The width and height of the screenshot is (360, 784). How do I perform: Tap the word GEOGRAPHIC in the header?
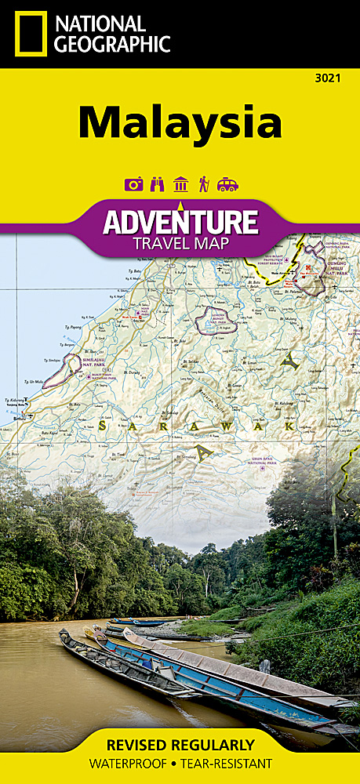pos(112,44)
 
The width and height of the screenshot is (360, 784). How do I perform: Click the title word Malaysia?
pos(180,122)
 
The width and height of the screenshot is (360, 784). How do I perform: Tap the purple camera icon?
pos(134,184)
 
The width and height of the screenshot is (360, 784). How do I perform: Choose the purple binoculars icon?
pos(158,184)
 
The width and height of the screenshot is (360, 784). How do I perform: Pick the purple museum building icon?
pos(181,184)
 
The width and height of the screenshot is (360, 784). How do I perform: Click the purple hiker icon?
pos(204,184)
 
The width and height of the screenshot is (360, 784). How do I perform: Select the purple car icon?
pos(227,184)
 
